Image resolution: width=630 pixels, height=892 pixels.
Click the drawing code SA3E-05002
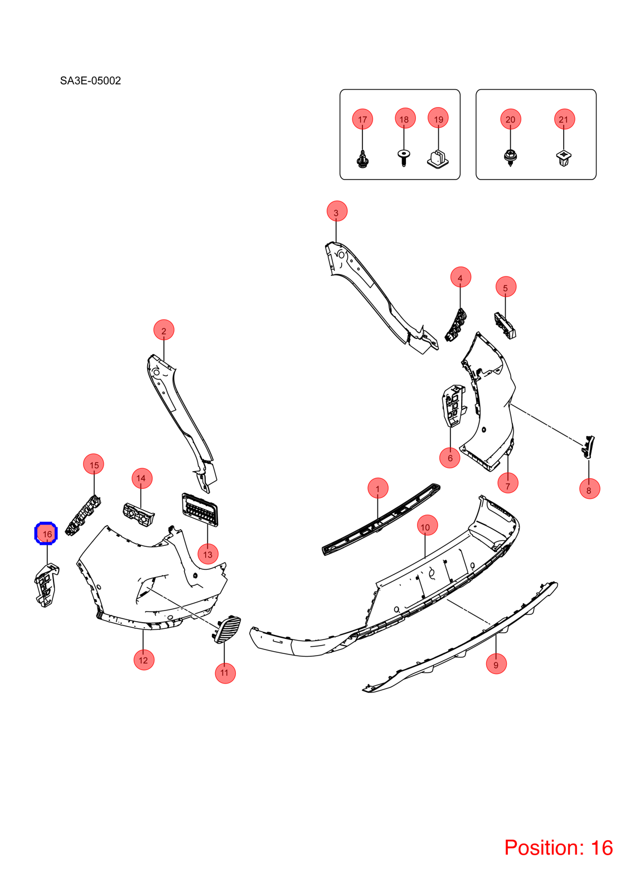coord(90,81)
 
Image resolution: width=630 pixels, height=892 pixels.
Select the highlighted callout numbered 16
coord(47,534)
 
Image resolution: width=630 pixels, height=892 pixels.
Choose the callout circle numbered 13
coord(208,554)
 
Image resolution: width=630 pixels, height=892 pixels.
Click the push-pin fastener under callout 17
coord(362,159)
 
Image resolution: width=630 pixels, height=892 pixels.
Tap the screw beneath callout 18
coord(404,158)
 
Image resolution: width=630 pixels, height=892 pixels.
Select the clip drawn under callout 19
coord(438,159)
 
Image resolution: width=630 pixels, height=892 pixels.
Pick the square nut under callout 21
coord(564,158)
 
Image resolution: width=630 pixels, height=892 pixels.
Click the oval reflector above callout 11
coord(227,629)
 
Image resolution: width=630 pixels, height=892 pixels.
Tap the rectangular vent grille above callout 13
coord(200,510)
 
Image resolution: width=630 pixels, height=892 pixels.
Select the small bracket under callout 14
coord(138,515)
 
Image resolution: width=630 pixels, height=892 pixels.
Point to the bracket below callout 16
coord(47,585)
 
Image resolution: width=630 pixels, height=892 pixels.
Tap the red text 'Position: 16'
coord(558,848)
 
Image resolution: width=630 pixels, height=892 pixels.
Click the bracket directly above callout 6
coord(453,405)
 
